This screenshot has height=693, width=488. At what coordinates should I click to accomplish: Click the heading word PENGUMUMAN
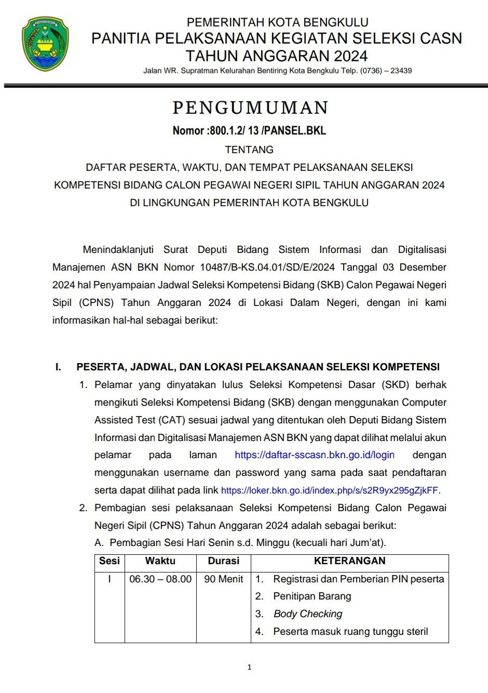coord(250,108)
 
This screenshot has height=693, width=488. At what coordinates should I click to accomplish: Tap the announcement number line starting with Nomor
coord(249,130)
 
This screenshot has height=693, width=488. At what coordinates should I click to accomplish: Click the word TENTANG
coord(249,150)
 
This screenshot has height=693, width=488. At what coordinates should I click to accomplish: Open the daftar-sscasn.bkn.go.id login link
coord(315,455)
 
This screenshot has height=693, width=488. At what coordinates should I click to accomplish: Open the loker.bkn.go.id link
coord(330,490)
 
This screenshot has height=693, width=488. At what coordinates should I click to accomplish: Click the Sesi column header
coord(109,561)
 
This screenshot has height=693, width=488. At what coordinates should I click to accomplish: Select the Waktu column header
coord(160,561)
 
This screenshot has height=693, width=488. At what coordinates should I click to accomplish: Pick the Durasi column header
coord(223,561)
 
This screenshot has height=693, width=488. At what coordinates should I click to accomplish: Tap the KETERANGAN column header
coord(349,561)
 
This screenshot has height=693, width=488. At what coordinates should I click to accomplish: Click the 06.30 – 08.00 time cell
coord(160,579)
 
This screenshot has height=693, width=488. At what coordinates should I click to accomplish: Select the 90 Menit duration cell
coord(223,579)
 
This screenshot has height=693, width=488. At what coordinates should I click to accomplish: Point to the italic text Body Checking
coord(308,614)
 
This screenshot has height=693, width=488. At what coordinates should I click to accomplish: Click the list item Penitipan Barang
coord(312,596)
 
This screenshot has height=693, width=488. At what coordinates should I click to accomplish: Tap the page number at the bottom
coord(250,668)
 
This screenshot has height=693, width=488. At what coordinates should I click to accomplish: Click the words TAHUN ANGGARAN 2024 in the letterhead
coord(277,56)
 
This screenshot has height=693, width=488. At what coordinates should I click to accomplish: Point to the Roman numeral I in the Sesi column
coord(109,579)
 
